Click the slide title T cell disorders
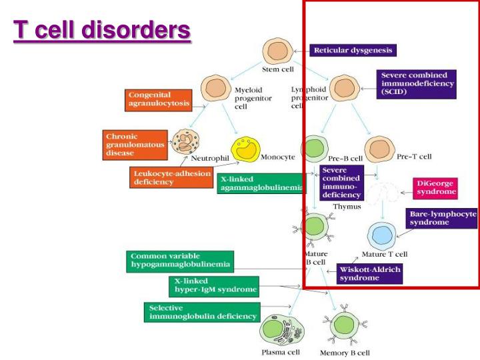pos(103,31)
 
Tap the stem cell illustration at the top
pos(275,50)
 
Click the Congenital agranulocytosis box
pos(159,99)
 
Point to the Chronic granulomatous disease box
pos(134,145)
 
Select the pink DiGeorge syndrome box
pos(435,187)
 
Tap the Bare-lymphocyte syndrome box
pos(442,218)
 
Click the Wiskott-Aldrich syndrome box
pos(370,273)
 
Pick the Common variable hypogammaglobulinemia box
pos(179,261)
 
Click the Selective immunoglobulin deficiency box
pos(202,312)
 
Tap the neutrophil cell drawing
pos(186,143)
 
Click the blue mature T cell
pos(383,236)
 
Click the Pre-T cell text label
pos(414,157)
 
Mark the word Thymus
pos(347,207)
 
